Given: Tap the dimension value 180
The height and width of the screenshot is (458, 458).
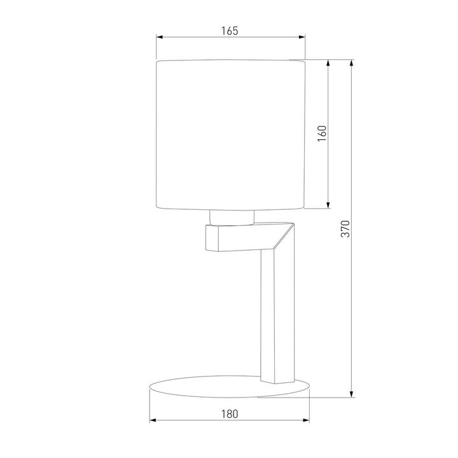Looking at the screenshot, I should tap(230, 413).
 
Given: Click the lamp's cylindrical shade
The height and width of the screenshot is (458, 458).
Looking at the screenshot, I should tap(230, 134).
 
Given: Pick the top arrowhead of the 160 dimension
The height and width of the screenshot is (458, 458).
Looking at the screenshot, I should tap(328, 64).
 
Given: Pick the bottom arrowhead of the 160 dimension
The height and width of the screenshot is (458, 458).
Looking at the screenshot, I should tap(328, 206).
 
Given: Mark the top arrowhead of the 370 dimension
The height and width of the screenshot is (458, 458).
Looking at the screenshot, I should tap(352, 64).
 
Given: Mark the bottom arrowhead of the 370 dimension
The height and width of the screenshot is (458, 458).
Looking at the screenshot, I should tap(352, 396).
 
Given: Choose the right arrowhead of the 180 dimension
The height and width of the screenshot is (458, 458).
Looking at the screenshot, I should tap(308, 420).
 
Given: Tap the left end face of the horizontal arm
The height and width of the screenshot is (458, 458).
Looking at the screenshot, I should tap(211, 239).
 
